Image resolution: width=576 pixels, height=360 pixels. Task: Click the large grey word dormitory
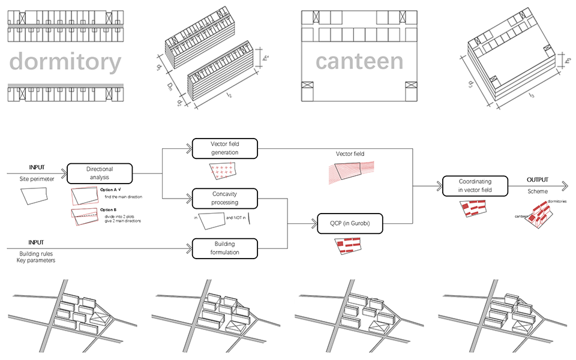tap(65, 62)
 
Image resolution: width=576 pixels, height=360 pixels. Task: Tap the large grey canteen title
tap(359, 61)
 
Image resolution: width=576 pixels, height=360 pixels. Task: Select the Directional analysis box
tap(100, 173)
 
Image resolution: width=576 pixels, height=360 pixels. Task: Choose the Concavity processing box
tap(224, 198)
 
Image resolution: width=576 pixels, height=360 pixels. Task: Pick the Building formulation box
tap(224, 248)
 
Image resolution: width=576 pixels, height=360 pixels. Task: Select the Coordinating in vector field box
tap(475, 186)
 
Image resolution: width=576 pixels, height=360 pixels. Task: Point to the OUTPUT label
tap(538, 180)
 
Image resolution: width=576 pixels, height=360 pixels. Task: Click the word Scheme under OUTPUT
tap(538, 192)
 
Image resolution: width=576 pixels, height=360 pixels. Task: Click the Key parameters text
tap(37, 262)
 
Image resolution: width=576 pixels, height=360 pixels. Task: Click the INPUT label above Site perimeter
tap(37, 167)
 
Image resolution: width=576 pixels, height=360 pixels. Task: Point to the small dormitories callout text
tap(557, 202)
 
